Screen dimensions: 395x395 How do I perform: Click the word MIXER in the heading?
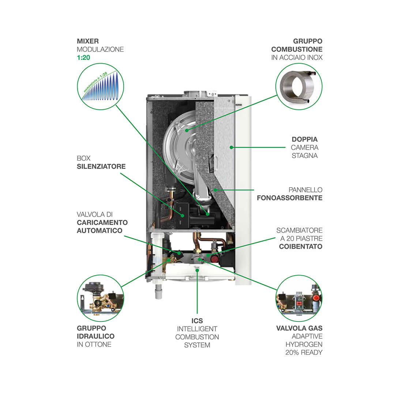click(88, 41)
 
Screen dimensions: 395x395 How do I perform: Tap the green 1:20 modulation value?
click(83, 57)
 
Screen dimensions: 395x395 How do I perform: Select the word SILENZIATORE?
click(101, 166)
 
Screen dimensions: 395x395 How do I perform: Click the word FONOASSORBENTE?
click(290, 198)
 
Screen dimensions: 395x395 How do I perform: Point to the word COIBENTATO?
click(301, 246)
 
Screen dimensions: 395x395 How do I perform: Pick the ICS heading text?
click(197, 321)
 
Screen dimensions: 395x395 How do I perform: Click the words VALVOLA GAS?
click(299, 328)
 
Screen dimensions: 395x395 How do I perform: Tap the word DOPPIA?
click(305, 139)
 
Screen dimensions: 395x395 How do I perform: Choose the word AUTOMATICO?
click(99, 230)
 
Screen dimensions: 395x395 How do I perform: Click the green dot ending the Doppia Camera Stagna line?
click(231, 147)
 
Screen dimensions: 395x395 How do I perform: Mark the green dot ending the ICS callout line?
click(197, 270)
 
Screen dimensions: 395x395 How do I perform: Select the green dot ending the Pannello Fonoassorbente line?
click(215, 190)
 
